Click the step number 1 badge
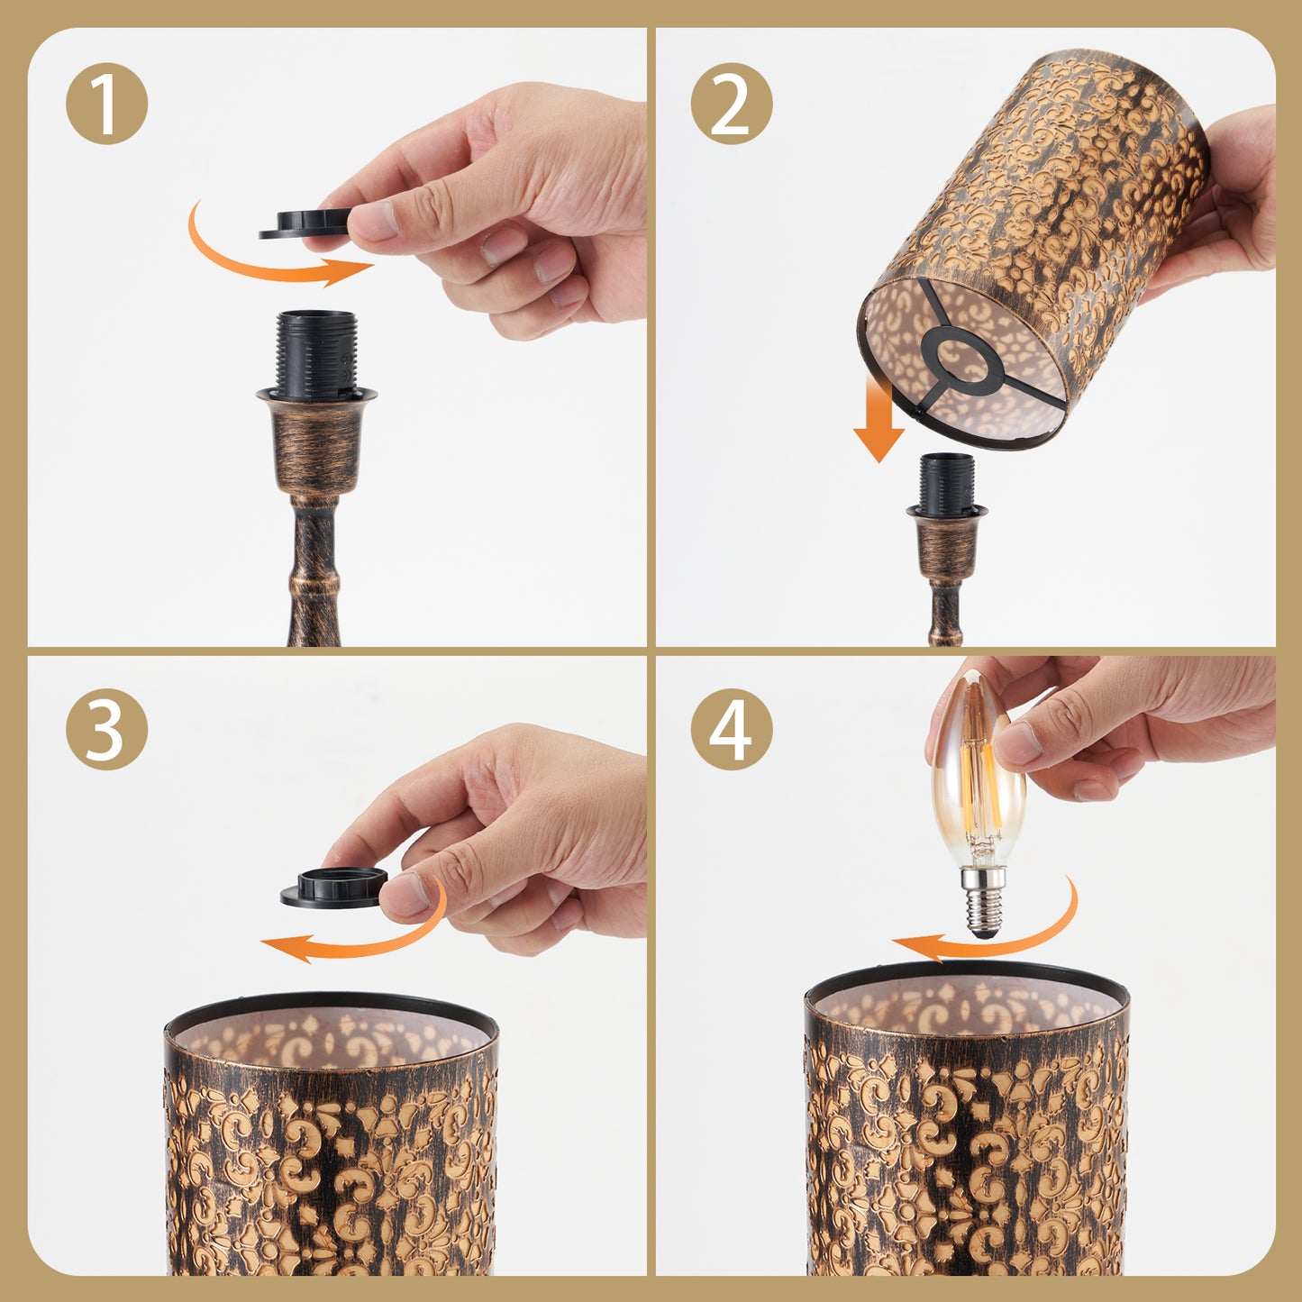106,104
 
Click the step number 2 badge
732,104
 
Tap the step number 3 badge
106,730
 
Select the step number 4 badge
732,730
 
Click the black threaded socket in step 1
316,355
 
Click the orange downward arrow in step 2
879,419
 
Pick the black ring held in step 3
333,887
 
